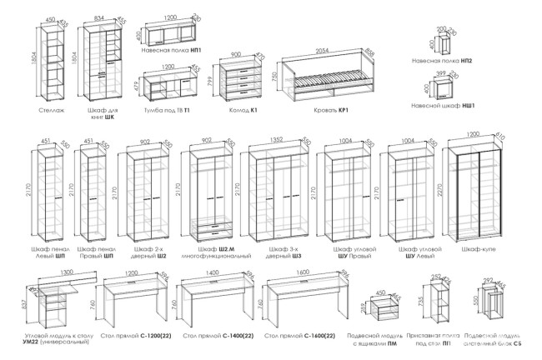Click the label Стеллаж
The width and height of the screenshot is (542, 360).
pos(52,109)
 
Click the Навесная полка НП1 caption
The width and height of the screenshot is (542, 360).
pos(173,50)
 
